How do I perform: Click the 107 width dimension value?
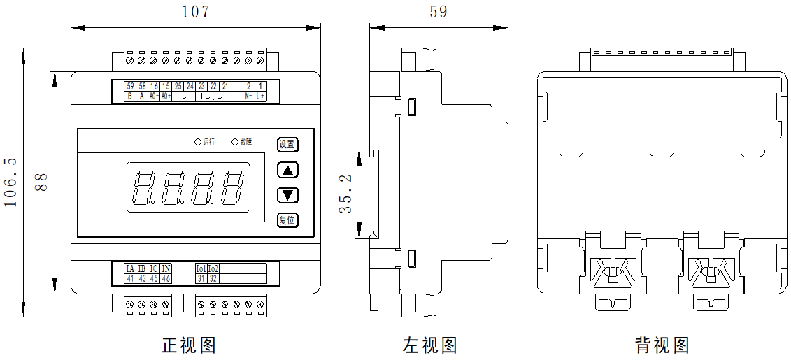(x=195, y=12)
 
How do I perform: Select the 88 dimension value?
(x=41, y=183)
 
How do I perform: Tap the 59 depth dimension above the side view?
(x=438, y=12)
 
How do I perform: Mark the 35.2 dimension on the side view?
(x=345, y=194)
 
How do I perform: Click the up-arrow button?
(x=287, y=170)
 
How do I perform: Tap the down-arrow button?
(x=287, y=195)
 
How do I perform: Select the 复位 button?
(x=287, y=220)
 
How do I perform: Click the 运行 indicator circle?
(x=198, y=142)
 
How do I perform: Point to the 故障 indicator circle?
(x=235, y=142)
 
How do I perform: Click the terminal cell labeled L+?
(x=260, y=96)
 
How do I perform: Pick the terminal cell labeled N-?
(x=248, y=96)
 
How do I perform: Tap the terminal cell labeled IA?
(x=130, y=268)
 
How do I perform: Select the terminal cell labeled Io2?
(x=213, y=268)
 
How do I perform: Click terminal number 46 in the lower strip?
(x=166, y=278)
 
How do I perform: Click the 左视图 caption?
(x=429, y=345)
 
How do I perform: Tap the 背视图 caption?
(x=662, y=345)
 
